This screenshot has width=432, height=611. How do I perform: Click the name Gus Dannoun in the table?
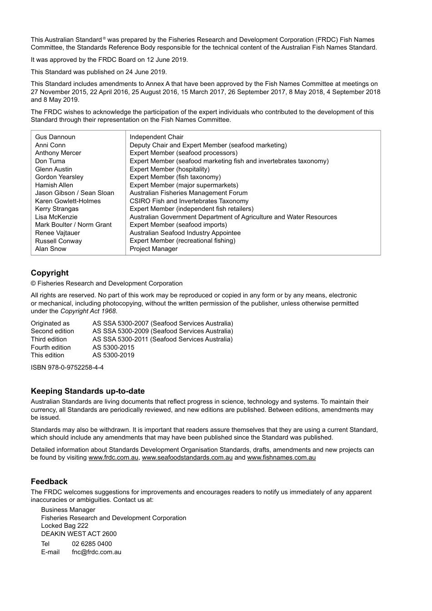tap(55, 137)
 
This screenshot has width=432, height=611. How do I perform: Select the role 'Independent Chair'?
tap(156, 137)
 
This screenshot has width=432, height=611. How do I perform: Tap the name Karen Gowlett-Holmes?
tap(68, 201)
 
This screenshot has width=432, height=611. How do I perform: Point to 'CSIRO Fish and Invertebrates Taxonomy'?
tap(189, 201)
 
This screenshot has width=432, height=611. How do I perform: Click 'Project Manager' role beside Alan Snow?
tap(153, 249)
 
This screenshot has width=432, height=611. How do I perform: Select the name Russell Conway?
tap(58, 241)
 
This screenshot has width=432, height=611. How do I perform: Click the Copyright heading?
tap(50, 273)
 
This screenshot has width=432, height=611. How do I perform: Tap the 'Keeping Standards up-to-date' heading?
tap(87, 391)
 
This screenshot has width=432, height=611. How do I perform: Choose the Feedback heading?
tap(49, 481)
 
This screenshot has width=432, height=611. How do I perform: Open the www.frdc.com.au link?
tap(113, 457)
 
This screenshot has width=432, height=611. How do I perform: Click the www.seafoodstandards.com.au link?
tap(187, 457)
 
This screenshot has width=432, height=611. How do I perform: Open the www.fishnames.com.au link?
tap(281, 457)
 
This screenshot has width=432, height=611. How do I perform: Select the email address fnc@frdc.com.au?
tap(96, 552)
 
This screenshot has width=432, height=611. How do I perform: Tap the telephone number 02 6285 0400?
tap(91, 544)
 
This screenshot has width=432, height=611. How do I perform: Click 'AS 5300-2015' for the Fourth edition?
tap(113, 347)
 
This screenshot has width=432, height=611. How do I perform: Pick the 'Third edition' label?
tap(49, 339)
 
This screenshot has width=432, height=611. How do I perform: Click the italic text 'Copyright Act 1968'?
tap(88, 311)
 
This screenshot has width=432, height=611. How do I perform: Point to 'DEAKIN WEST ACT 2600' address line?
tap(79, 534)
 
